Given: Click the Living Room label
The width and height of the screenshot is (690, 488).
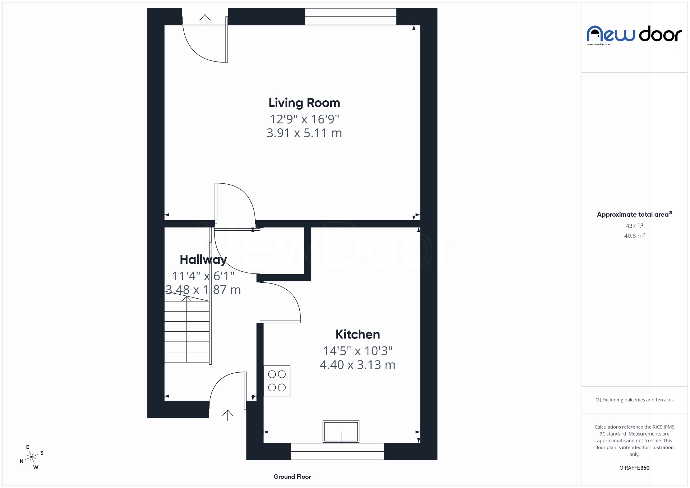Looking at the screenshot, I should click(304, 103).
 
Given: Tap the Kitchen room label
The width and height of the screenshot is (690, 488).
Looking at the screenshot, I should click(358, 335).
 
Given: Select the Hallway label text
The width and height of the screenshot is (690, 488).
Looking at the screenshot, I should click(203, 259).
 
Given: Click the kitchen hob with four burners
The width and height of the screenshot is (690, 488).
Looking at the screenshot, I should click(277, 381).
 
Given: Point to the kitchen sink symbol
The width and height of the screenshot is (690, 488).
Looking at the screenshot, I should click(341, 432).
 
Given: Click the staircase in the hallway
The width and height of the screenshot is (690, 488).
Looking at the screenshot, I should click(187, 331).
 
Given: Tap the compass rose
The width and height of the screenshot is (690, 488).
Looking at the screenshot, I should click(32, 457).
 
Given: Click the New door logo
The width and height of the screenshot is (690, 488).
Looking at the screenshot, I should click(634, 35).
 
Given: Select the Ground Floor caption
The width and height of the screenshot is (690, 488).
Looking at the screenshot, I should click(292, 477).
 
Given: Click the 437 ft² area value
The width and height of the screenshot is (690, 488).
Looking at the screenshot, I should click(634, 226).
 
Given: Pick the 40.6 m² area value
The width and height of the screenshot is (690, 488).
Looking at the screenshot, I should click(634, 236).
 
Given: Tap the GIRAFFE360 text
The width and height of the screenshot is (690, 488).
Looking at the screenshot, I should click(634, 468).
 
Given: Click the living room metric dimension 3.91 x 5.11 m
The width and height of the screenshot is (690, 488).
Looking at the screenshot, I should click(304, 133).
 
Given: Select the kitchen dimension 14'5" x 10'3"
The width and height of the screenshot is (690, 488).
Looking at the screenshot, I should click(358, 351).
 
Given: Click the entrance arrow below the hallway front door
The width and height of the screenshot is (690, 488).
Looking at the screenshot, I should click(227, 415).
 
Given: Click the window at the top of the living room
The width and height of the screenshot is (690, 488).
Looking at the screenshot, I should click(350, 17).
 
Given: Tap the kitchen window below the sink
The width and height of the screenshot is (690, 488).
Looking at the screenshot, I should click(337, 451).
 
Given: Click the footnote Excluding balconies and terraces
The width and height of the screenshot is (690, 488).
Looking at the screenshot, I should click(634, 400).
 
